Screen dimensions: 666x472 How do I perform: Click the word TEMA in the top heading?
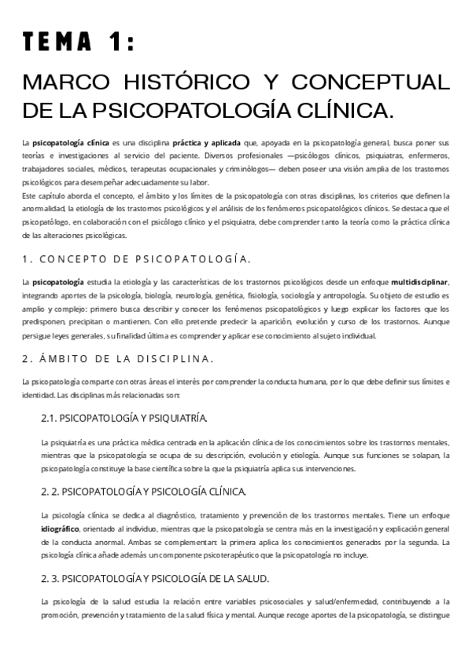tap(61, 44)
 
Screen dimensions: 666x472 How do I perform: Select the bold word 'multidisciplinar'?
tap(421, 282)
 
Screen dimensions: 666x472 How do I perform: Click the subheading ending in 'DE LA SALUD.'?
tap(154, 579)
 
